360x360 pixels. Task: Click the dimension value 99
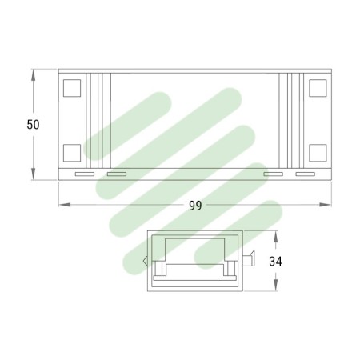[195, 206]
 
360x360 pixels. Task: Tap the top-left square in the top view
[72, 88]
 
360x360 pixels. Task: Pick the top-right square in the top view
[318, 88]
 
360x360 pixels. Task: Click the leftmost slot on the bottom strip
[84, 174]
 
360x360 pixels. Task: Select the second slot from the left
[117, 174]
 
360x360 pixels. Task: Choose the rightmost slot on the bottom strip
[306, 174]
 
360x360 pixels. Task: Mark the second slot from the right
[274, 174]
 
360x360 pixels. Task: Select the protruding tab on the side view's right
[250, 259]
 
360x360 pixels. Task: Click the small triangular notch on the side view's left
[145, 260]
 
